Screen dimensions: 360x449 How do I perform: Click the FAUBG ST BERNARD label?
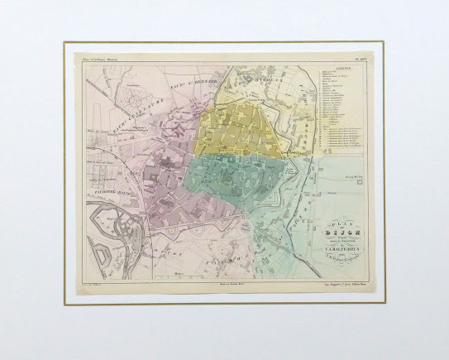192,83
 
